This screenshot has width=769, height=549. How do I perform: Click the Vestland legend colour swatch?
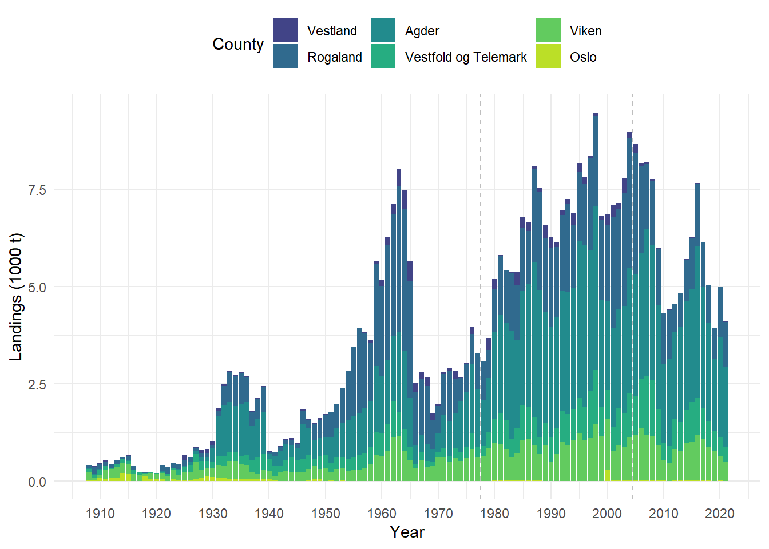[285, 30]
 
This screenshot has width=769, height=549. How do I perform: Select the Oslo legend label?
[583, 57]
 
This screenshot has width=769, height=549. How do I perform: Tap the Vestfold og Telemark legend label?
[466, 57]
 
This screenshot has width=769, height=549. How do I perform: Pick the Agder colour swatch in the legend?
[383, 30]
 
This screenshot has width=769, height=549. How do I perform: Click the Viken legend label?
[585, 31]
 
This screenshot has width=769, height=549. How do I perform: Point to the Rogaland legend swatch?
[285, 56]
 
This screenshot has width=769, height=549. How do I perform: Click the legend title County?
[238, 44]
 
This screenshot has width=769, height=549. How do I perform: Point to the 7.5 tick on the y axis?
[37, 190]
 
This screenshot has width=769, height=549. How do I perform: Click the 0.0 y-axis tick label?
[37, 482]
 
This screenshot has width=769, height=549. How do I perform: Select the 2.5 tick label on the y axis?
[37, 384]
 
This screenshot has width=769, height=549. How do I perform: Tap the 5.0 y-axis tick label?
[37, 287]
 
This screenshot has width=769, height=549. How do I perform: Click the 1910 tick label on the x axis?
[100, 514]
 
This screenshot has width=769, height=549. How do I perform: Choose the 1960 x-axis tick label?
[382, 514]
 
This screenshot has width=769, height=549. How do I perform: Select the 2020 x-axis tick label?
[719, 514]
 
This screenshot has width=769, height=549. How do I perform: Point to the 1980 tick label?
[494, 514]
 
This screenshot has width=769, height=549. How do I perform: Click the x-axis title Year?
[407, 532]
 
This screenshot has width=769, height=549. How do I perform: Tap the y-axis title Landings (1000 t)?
[16, 297]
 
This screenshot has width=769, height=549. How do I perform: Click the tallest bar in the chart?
[596, 286]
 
